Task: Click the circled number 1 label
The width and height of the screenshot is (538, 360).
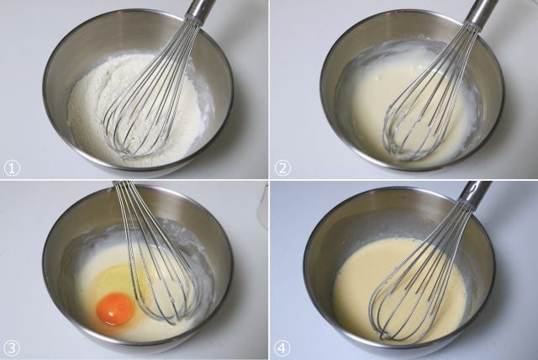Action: click(x=12, y=168)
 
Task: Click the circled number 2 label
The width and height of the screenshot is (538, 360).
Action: click(x=282, y=168)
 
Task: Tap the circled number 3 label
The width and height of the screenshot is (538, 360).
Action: click(x=12, y=349)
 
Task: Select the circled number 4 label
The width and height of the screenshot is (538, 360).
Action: click(x=282, y=349)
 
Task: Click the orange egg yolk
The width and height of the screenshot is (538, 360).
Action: click(x=115, y=309)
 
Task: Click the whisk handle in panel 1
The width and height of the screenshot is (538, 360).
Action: click(x=200, y=8)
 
